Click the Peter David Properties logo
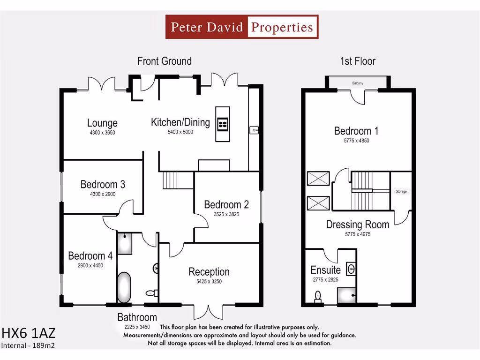point(242,27)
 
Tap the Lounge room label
point(102,123)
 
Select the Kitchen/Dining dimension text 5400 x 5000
point(180,132)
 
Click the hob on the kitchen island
point(223,124)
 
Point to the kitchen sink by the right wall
point(254,129)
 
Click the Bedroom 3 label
point(103,184)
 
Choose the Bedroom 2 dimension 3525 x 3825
point(226,215)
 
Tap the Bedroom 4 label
point(90,256)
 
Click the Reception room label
point(209,272)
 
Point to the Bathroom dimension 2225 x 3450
point(137,327)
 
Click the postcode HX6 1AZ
point(28,333)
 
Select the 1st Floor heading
point(358,61)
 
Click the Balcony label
point(358,83)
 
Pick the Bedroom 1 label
point(356,131)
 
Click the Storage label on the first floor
point(401,192)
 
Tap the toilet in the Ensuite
point(318,296)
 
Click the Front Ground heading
point(164,61)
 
